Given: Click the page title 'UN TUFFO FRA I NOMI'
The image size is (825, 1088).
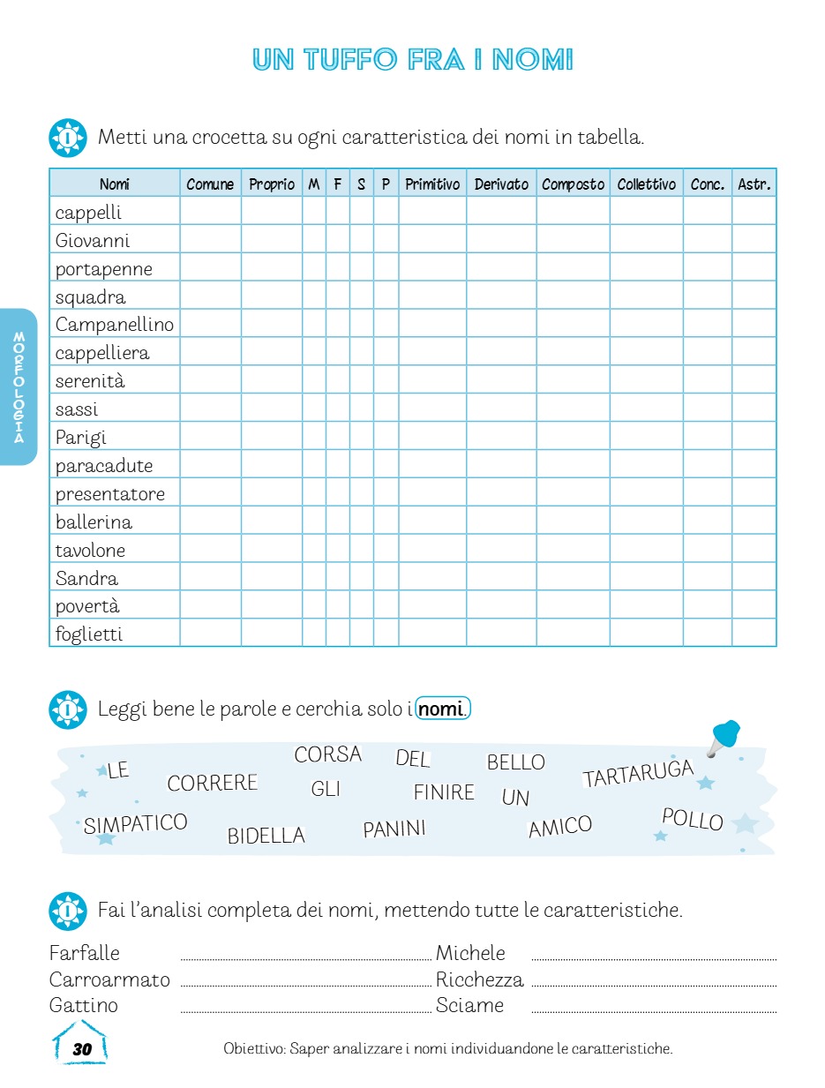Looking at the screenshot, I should [x=412, y=60].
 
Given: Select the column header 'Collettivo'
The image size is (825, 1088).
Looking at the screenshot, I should [x=646, y=184].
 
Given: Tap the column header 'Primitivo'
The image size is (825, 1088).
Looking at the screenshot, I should [x=432, y=184].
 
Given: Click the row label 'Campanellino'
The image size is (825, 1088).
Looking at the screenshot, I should [x=114, y=325].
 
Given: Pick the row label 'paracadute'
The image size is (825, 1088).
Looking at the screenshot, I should [x=103, y=466].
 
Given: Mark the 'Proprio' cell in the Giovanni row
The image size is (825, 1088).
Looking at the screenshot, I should [x=272, y=240].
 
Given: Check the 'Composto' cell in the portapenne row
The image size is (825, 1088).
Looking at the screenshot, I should [x=573, y=268].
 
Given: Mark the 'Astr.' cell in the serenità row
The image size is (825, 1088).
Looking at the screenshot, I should [x=754, y=381].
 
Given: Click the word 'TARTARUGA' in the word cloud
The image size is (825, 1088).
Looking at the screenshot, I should [x=638, y=774].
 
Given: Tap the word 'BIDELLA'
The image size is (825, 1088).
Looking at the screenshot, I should [x=266, y=836].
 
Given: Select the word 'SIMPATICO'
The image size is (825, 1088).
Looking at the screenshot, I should [x=136, y=824].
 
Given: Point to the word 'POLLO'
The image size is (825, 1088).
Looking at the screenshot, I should [x=693, y=820].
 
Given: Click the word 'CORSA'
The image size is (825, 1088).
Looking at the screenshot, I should [x=327, y=754].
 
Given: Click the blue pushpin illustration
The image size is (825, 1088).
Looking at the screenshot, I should [x=724, y=737].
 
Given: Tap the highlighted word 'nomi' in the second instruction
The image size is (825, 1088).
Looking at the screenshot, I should [x=443, y=709].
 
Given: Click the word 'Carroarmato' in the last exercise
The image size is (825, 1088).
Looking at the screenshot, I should [x=109, y=979].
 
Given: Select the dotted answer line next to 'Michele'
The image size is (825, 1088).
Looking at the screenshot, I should [x=654, y=958].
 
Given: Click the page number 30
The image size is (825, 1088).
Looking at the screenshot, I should [x=82, y=1049].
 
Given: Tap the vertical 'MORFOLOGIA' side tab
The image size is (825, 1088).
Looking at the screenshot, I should [x=19, y=387].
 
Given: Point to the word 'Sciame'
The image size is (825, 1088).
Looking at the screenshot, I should [x=469, y=1006].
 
